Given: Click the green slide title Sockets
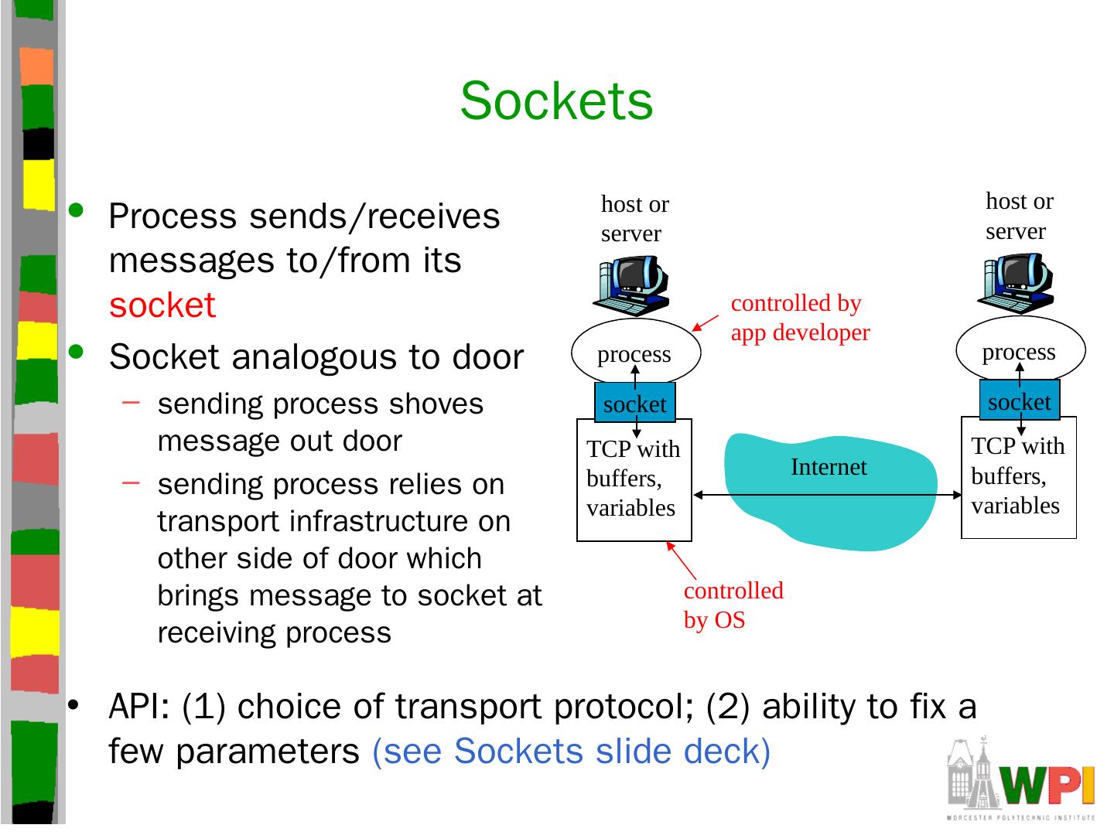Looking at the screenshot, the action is pos(556,101).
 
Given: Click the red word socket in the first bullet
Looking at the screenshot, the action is pos(162,305).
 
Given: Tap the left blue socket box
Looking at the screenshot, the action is pos(635,402).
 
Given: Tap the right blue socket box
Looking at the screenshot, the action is pos(1020,400).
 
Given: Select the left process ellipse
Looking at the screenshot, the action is pos(636,352).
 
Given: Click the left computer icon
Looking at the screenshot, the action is pos(631,285).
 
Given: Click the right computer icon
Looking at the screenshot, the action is pos(1016,283).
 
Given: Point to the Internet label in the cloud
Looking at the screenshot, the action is pos(829,467).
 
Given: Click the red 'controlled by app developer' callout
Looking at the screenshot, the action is pos(801,318).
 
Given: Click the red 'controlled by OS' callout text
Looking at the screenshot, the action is pos(733,605).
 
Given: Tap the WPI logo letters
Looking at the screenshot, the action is pos(1047,785).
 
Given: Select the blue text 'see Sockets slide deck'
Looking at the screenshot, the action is pos(572,751).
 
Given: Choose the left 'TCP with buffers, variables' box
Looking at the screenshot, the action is pos(634,480).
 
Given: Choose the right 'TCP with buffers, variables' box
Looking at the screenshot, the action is pos(1019,478).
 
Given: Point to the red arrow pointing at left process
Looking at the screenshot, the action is pos(706,323).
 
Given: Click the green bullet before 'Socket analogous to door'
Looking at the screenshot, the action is pos(76,351).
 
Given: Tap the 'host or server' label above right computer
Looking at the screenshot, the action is pos(1020,216).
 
